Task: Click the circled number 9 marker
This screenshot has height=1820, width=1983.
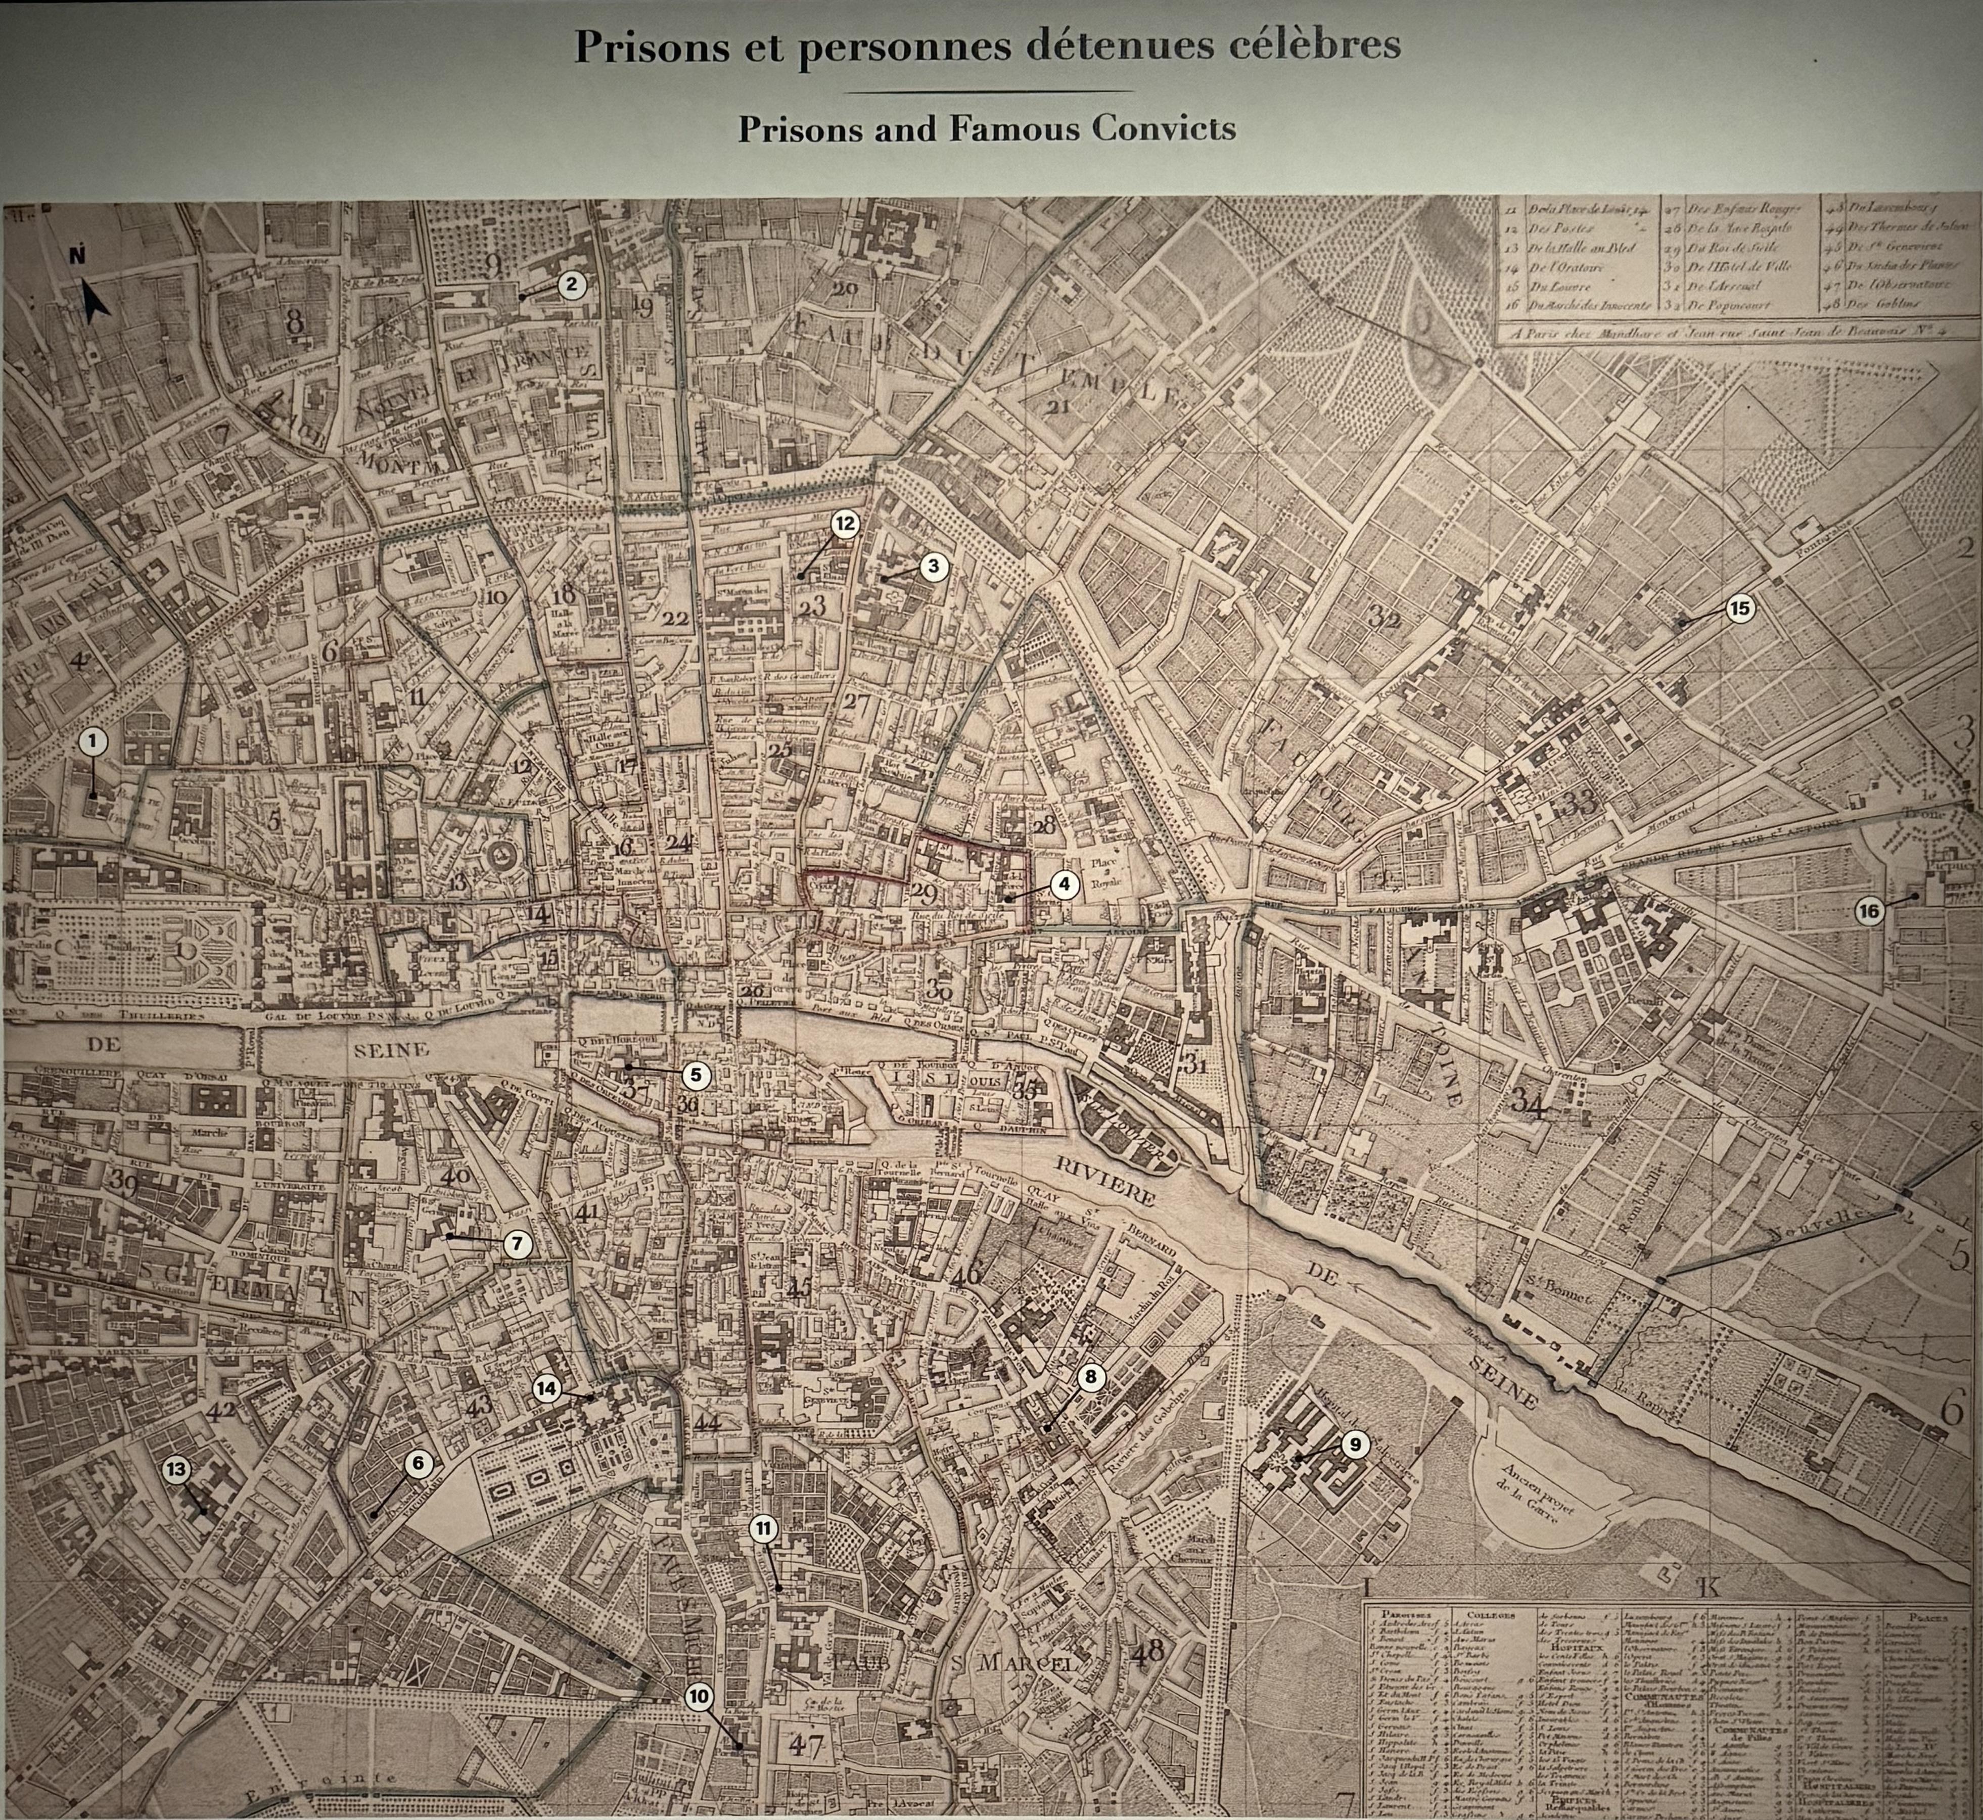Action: [1355, 1445]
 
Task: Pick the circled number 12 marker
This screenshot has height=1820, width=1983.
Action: [844, 524]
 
